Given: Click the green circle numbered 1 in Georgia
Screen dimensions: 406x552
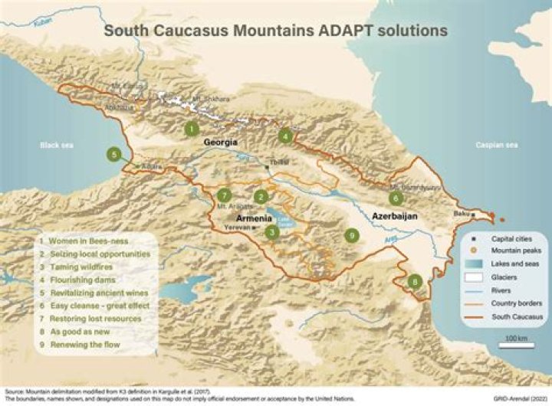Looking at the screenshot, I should [191, 129].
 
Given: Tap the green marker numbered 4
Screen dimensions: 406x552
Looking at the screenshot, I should [286, 137].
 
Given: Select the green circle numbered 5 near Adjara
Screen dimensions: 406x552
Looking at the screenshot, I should [114, 155].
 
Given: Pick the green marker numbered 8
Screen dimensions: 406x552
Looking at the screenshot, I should [415, 282].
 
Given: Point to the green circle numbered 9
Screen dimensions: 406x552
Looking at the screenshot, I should [352, 234].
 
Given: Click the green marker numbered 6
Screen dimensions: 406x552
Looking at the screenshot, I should [396, 198].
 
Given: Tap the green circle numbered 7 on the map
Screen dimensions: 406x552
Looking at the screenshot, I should [224, 195].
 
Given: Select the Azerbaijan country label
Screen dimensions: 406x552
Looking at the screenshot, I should [395, 217].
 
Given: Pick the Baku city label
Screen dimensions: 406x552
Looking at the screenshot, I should [461, 214].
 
